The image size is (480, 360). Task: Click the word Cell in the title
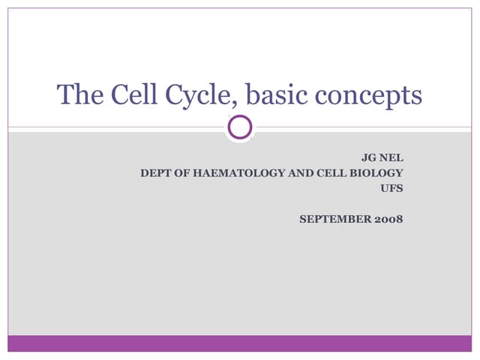130,95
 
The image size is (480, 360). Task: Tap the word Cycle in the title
196,96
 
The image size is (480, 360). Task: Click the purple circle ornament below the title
240,127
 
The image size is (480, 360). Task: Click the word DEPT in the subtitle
155,172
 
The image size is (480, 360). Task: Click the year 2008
389,219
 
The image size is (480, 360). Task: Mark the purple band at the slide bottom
240,343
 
